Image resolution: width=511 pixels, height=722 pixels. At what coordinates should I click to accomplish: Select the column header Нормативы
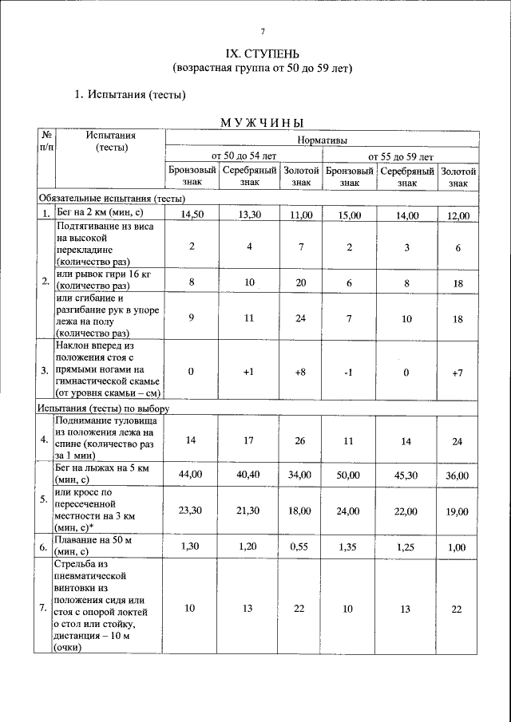pyautogui.click(x=322, y=140)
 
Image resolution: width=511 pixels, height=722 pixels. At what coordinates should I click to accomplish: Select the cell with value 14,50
pyautogui.click(x=192, y=215)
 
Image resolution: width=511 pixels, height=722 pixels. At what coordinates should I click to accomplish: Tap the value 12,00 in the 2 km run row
pyautogui.click(x=458, y=215)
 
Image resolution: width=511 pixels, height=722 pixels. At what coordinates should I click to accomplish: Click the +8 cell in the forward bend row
pyautogui.click(x=301, y=372)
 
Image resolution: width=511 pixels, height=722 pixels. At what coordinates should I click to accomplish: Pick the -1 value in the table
pyautogui.click(x=349, y=372)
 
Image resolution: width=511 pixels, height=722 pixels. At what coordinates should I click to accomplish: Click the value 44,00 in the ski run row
pyautogui.click(x=192, y=475)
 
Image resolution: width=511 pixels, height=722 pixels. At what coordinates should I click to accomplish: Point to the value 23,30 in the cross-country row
pyautogui.click(x=192, y=511)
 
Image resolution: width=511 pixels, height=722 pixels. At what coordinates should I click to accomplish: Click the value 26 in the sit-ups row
pyautogui.click(x=301, y=439)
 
